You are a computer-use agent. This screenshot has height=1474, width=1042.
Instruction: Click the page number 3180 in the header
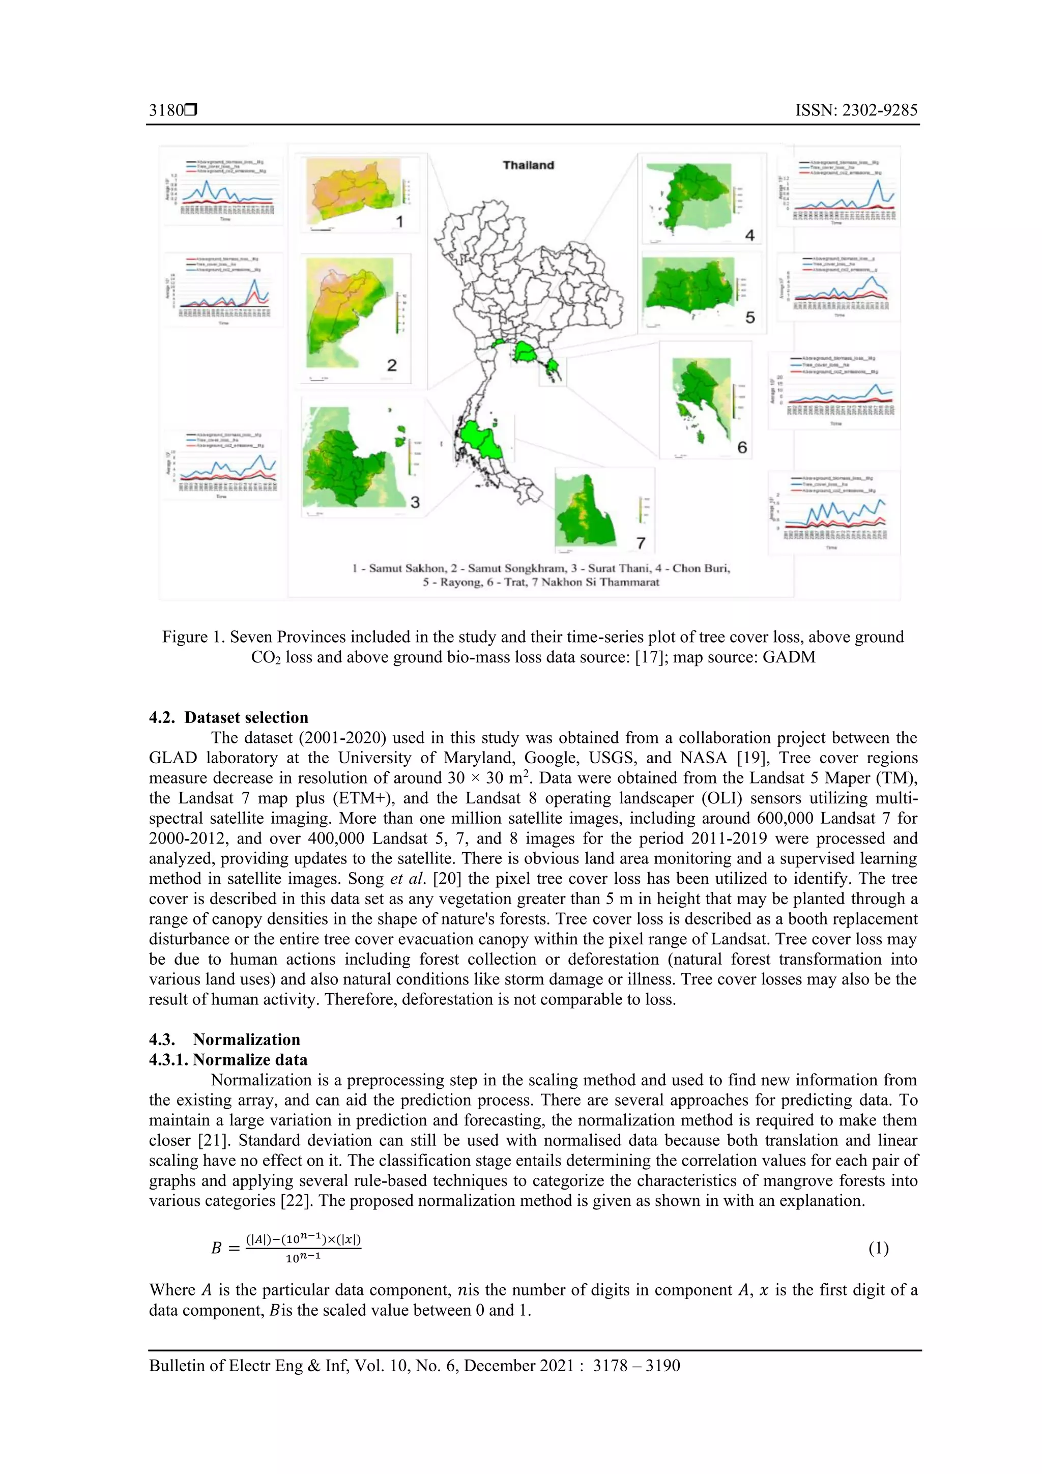pyautogui.click(x=166, y=110)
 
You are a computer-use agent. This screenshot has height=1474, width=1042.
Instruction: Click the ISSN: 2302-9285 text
pyautogui.click(x=856, y=110)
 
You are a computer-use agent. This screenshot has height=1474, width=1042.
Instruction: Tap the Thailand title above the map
pyautogui.click(x=528, y=165)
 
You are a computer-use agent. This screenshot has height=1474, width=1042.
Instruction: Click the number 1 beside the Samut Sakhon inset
pyautogui.click(x=399, y=222)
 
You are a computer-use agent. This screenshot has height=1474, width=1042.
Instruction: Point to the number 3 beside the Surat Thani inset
pyautogui.click(x=415, y=502)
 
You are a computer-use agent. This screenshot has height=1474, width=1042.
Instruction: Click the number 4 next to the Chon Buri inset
pyautogui.click(x=749, y=236)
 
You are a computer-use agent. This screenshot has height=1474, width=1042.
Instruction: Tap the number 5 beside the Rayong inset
pyautogui.click(x=750, y=318)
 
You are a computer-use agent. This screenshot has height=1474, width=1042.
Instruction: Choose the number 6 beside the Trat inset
pyautogui.click(x=742, y=447)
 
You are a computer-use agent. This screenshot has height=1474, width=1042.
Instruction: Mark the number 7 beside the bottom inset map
pyautogui.click(x=640, y=543)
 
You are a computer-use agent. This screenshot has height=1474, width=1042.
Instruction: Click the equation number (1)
pyautogui.click(x=878, y=1248)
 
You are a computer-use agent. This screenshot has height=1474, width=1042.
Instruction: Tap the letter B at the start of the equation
pyautogui.click(x=216, y=1248)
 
